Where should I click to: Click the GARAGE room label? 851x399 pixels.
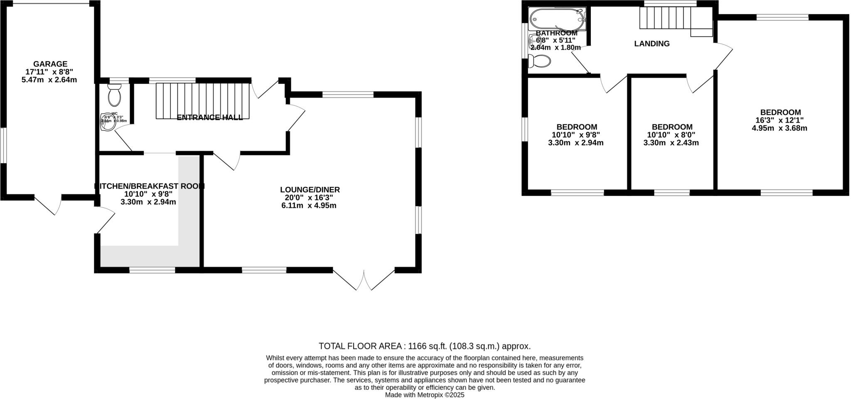50,64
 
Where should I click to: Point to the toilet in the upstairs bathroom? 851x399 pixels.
539,61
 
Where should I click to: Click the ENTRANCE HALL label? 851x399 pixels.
209,117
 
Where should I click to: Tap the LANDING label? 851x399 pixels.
652,44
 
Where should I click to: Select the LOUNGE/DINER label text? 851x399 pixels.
310,190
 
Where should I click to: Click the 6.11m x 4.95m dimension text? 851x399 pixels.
309,206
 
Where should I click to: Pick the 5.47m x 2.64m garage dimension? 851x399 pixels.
49,80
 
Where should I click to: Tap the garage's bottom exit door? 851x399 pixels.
48,205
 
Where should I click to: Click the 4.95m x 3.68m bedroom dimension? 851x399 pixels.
779,128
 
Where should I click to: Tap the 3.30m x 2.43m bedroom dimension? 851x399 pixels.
671,143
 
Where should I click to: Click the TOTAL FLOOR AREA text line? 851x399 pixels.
424,346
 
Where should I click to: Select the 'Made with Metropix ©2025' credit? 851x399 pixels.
424,395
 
